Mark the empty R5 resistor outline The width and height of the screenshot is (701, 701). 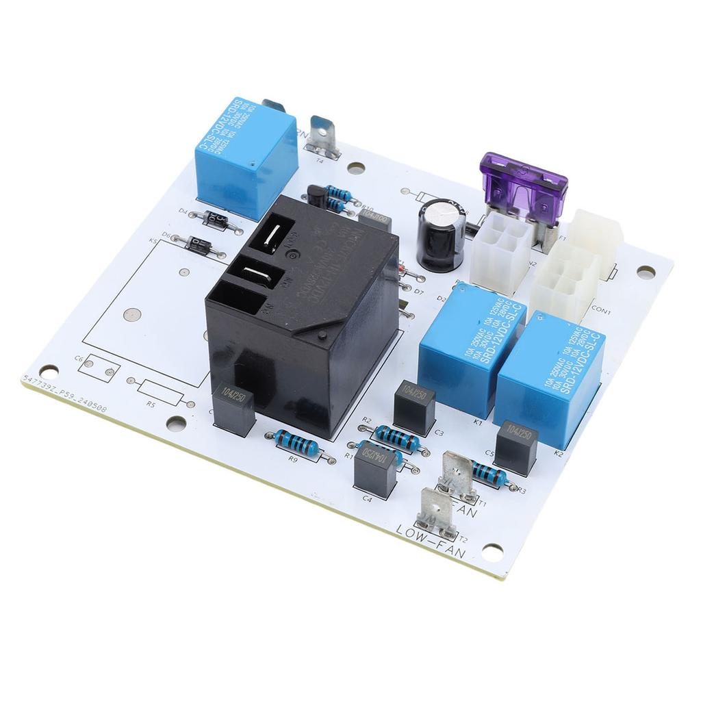tap(161, 394)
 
